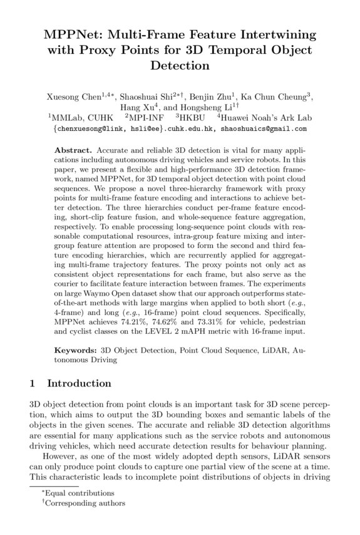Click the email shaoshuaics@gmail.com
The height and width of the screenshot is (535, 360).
[259, 129]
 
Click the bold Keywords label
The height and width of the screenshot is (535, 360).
[76, 351]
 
